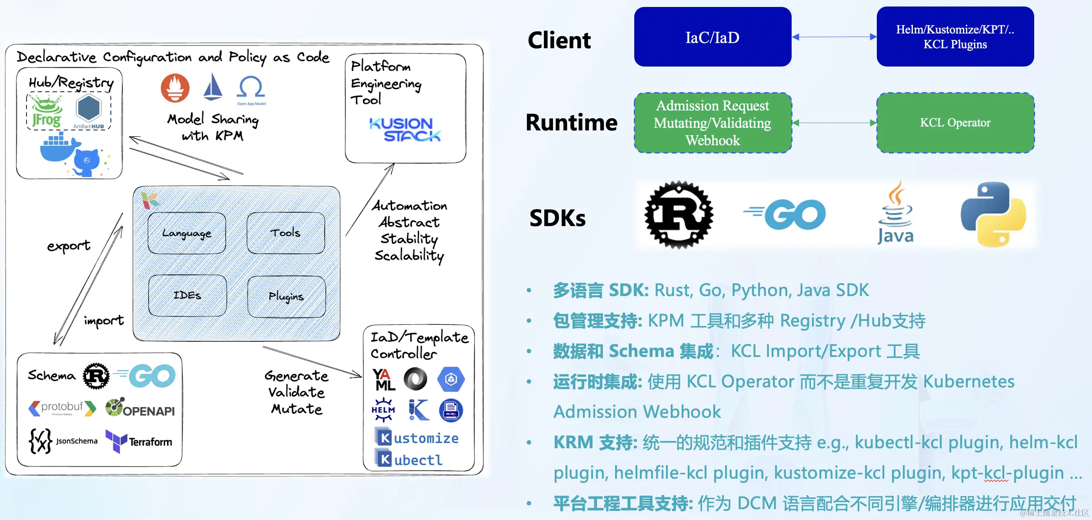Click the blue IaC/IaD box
coord(712,37)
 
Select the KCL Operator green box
coord(955,123)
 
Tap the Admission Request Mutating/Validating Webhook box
coord(712,123)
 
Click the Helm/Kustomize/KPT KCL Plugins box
coord(955,37)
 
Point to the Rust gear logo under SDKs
coord(679,215)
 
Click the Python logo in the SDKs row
coord(993,214)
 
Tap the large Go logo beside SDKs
coord(785,215)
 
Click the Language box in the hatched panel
coord(187,233)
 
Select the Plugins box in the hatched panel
coord(286,297)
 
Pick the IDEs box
coord(187,296)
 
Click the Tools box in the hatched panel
coord(286,233)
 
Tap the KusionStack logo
coord(405,130)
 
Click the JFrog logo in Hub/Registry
coord(47,112)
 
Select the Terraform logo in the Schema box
coord(139,441)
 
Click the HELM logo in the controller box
coord(383,410)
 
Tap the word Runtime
coord(572,122)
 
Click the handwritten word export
coord(69,246)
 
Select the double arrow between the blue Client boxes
coord(834,37)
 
